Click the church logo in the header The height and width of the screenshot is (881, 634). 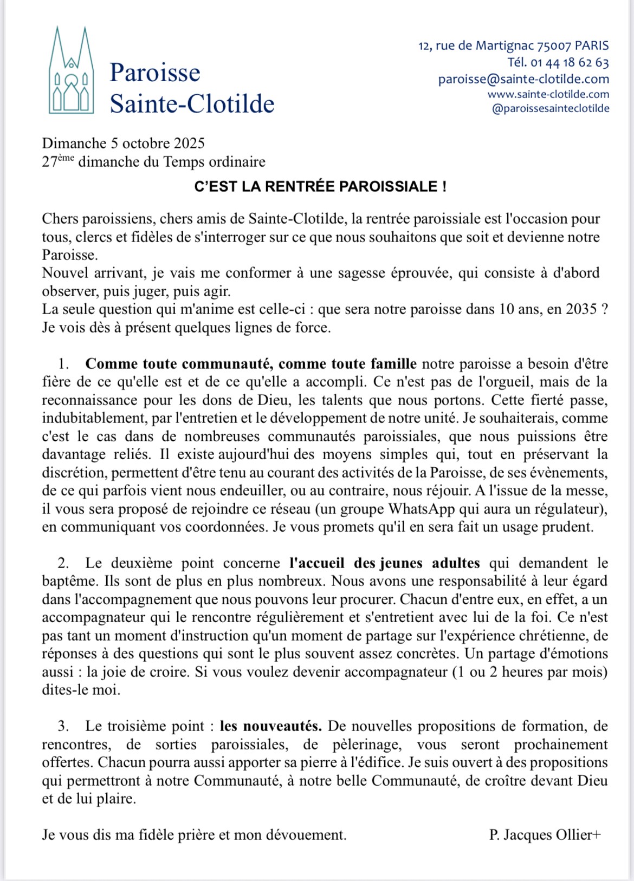click(x=71, y=70)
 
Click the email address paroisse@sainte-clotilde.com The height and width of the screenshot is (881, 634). click(x=523, y=79)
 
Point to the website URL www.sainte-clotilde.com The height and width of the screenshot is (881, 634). click(x=548, y=94)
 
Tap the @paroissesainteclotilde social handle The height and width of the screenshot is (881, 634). click(x=550, y=108)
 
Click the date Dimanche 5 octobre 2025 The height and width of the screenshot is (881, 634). click(x=124, y=143)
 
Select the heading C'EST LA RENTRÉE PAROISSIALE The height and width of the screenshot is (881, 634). click(x=320, y=187)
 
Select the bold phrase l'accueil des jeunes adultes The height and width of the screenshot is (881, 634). click(x=384, y=563)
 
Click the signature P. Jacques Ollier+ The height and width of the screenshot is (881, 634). click(x=545, y=835)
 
